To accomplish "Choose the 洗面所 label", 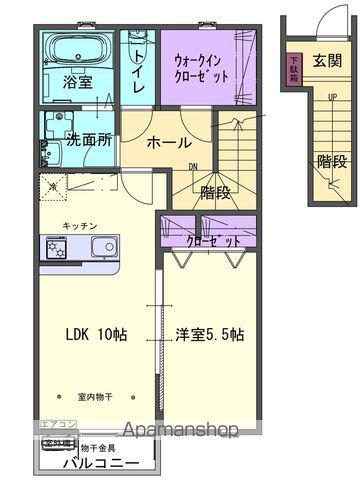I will point(88,141).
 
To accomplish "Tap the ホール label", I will point(169,142).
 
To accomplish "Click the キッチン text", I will point(79,226).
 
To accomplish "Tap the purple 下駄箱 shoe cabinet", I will point(294,71).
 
